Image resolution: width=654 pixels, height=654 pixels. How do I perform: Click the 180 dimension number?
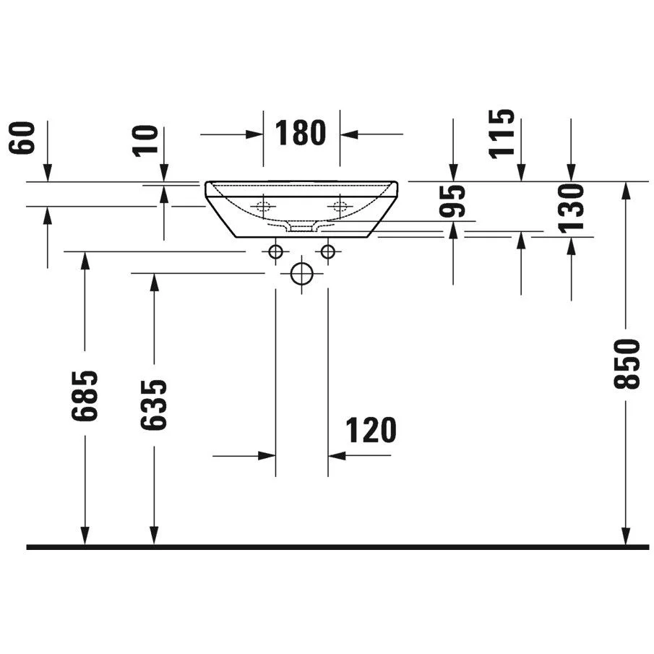click(301, 133)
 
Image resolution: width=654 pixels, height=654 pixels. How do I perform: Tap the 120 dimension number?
click(371, 430)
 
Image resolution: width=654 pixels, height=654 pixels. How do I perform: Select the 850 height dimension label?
click(627, 364)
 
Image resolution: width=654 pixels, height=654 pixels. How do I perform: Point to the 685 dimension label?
click(85, 395)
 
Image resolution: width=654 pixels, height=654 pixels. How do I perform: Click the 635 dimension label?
click(153, 405)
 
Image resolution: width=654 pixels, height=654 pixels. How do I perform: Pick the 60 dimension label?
click(21, 138)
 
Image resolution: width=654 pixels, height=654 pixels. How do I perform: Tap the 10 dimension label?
click(145, 141)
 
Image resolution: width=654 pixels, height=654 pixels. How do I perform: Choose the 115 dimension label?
click(502, 134)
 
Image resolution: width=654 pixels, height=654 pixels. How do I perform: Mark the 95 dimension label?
click(452, 201)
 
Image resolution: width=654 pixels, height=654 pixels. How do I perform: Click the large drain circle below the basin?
click(301, 274)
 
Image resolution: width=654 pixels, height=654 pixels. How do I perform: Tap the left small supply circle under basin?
click(276, 251)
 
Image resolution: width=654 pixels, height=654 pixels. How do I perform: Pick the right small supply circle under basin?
click(328, 251)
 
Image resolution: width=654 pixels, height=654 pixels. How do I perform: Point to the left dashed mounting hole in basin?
click(263, 206)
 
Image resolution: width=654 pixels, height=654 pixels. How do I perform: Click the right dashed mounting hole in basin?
click(340, 206)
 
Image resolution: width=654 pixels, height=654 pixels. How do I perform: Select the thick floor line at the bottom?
click(338, 547)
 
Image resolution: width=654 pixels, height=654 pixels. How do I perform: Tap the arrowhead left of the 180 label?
click(254, 134)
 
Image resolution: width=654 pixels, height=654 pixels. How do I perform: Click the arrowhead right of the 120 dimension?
click(337, 456)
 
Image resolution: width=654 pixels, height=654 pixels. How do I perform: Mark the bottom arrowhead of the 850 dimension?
click(626, 535)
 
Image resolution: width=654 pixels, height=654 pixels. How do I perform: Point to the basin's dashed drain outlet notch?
click(301, 228)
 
